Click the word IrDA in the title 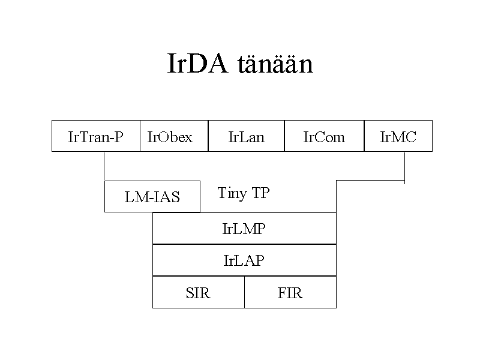click(x=198, y=64)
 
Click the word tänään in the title click(x=275, y=64)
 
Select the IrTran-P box click(x=96, y=136)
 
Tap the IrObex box click(x=174, y=136)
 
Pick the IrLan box click(x=246, y=136)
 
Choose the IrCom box click(x=324, y=136)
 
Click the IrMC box click(x=398, y=136)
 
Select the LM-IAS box click(x=152, y=197)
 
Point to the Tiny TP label click(x=244, y=193)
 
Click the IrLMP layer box click(x=244, y=229)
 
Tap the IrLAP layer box click(x=244, y=260)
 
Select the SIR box click(x=199, y=292)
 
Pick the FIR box click(x=290, y=292)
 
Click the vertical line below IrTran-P click(x=104, y=166)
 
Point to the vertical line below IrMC click(x=404, y=168)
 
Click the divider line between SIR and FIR click(x=245, y=292)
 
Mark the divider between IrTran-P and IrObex click(x=140, y=136)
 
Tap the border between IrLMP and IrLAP click(x=244, y=244)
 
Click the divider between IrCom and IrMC click(x=364, y=136)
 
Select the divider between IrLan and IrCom click(x=284, y=136)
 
